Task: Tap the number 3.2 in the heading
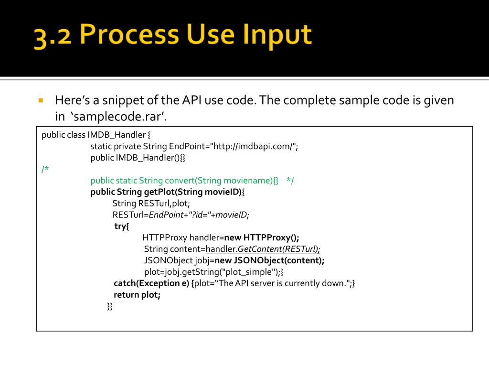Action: [52, 38]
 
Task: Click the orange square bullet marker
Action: [41, 101]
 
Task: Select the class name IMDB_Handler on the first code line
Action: [116, 135]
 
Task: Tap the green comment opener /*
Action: [45, 169]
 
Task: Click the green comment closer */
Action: [290, 181]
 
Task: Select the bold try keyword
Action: [122, 226]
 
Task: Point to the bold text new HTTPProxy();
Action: [262, 237]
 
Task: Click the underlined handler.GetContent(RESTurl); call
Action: [263, 249]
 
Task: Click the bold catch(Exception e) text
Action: [151, 283]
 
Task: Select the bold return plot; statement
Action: [137, 295]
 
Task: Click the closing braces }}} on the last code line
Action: [109, 306]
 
